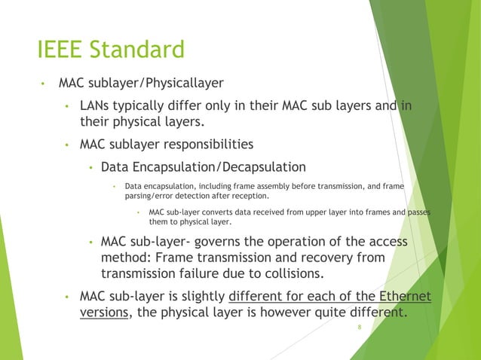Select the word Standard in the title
139,50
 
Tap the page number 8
360,328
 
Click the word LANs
97,105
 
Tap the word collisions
295,273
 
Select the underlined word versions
104,311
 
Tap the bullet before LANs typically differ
67,106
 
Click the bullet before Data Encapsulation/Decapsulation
90,167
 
